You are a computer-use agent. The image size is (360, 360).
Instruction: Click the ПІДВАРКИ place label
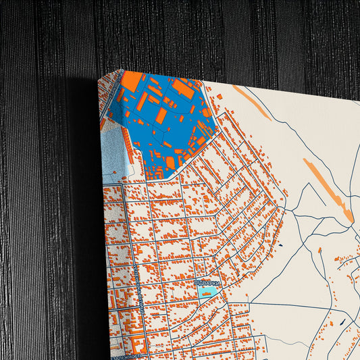pos(207,284)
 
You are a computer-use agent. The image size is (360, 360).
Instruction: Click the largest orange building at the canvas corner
pos(132,82)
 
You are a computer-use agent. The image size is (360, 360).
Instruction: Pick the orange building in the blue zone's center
pos(161,116)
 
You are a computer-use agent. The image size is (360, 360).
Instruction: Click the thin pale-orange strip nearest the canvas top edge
pos(251,102)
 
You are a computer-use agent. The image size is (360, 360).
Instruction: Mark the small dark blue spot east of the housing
pos(279,244)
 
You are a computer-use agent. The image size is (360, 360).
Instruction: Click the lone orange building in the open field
pos(338,258)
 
